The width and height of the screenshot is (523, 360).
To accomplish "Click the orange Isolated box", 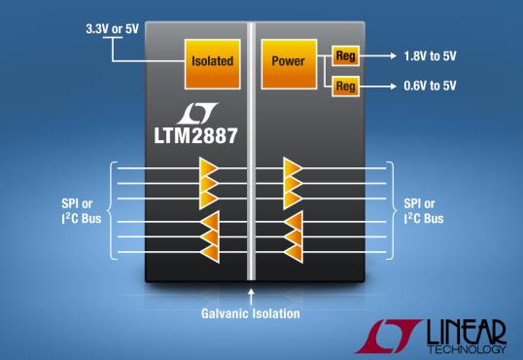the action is (x=213, y=64).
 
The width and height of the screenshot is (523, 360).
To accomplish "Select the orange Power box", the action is (x=289, y=64).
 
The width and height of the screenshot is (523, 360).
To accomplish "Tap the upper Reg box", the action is (x=345, y=55).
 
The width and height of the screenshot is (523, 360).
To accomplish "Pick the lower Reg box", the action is (x=345, y=87).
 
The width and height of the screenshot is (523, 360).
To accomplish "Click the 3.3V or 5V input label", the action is (x=112, y=29).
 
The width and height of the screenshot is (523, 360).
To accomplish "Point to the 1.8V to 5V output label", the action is (x=430, y=56).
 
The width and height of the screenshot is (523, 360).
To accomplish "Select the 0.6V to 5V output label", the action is (x=430, y=86).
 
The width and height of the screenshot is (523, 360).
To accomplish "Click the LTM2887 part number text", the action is (x=195, y=135).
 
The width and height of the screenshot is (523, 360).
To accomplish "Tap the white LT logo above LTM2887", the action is (x=197, y=113).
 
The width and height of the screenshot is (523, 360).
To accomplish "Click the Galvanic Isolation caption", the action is (x=251, y=313).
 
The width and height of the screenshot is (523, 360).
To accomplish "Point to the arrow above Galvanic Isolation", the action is (x=251, y=297).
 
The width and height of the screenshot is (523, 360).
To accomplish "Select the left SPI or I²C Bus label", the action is (x=82, y=211).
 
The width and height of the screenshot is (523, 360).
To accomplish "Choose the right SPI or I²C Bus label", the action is (x=424, y=211).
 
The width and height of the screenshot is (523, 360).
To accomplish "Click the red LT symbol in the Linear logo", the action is (x=389, y=336).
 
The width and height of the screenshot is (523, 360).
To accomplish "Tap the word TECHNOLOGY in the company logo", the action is (x=467, y=349).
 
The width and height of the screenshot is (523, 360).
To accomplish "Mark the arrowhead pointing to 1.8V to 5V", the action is (x=394, y=55).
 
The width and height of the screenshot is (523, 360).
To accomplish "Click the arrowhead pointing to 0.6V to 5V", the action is (x=394, y=87).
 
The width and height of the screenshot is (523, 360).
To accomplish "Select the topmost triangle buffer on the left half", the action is (x=208, y=168).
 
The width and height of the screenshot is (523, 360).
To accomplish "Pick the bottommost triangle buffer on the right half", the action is (x=294, y=252).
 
